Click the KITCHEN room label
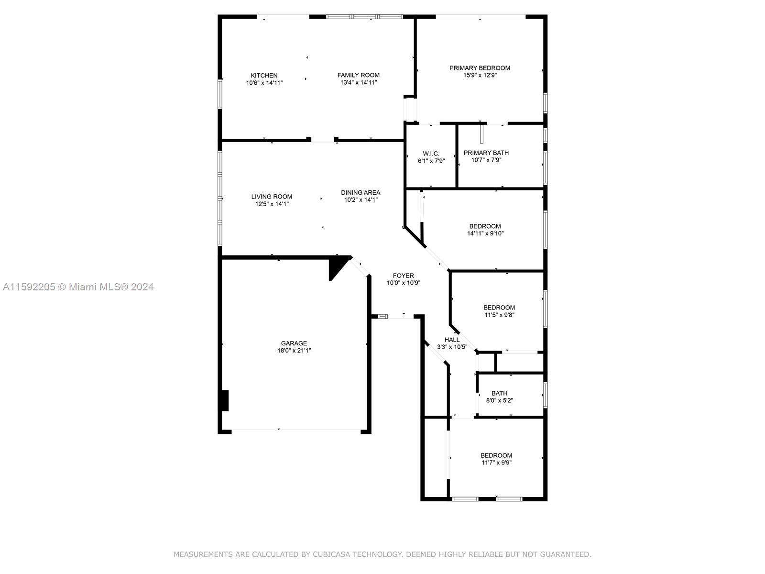pyautogui.click(x=264, y=75)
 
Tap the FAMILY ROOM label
pyautogui.click(x=358, y=75)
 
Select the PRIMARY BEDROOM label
pyautogui.click(x=480, y=68)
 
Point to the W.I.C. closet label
pyautogui.click(x=431, y=154)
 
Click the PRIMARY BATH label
pyautogui.click(x=486, y=153)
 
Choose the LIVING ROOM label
pyautogui.click(x=272, y=197)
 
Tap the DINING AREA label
pyautogui.click(x=361, y=192)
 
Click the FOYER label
pyautogui.click(x=403, y=276)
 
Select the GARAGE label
pyautogui.click(x=294, y=343)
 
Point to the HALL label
pyautogui.click(x=452, y=340)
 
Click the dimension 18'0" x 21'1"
pyautogui.click(x=294, y=351)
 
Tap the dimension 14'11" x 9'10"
pyautogui.click(x=485, y=233)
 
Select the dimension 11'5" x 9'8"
pyautogui.click(x=499, y=315)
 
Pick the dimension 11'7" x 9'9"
pyautogui.click(x=496, y=463)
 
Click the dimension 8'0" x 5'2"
pyautogui.click(x=500, y=400)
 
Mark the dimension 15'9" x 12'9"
pyautogui.click(x=480, y=75)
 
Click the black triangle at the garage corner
pyautogui.click(x=337, y=265)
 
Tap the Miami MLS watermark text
pyautogui.click(x=78, y=287)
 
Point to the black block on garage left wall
pyautogui.click(x=225, y=400)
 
